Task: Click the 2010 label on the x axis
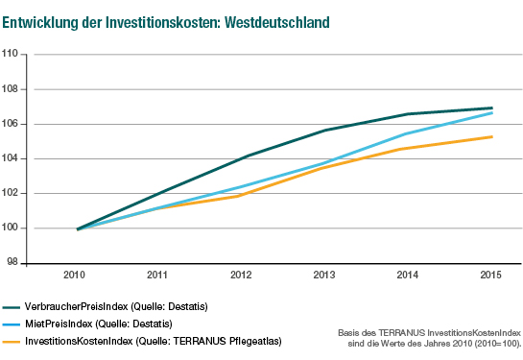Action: click(76, 276)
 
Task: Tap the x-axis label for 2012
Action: click(243, 276)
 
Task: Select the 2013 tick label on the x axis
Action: click(326, 276)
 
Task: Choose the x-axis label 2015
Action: click(492, 276)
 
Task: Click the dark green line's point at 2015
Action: click(492, 108)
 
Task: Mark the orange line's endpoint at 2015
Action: click(492, 136)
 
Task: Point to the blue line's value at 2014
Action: click(410, 133)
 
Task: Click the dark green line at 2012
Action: click(243, 156)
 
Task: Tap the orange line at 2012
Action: click(243, 194)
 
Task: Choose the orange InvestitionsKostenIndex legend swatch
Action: click(12, 342)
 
